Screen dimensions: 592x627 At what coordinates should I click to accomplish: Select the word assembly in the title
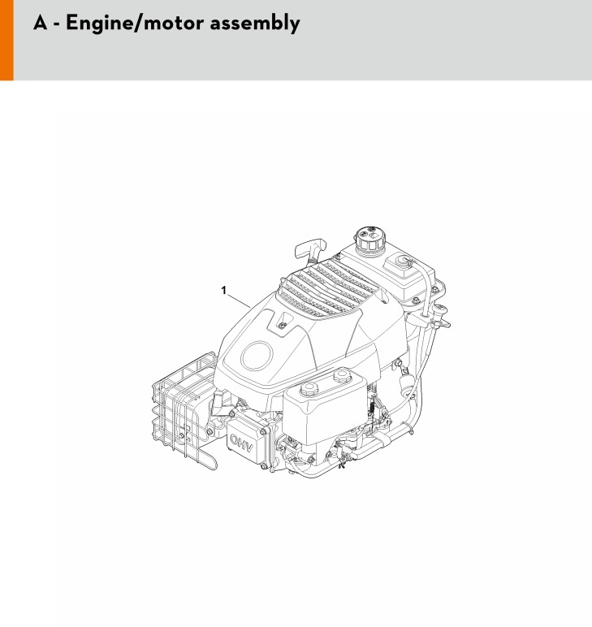[x=255, y=24]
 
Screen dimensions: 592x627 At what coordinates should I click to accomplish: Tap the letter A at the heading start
[x=41, y=23]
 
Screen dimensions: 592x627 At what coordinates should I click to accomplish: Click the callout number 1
[x=223, y=290]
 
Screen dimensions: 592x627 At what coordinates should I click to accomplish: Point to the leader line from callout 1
[x=239, y=301]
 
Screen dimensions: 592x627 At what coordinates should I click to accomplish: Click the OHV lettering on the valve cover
[x=241, y=443]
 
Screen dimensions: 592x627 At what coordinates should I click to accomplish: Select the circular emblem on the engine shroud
[x=257, y=356]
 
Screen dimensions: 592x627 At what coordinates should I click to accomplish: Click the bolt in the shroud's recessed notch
[x=283, y=324]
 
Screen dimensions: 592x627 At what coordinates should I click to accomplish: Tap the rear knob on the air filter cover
[x=342, y=375]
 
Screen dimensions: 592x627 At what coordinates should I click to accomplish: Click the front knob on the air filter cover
[x=309, y=388]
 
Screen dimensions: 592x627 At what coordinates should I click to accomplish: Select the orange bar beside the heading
[x=6, y=40]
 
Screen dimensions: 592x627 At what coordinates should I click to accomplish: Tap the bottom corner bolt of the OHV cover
[x=264, y=466]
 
